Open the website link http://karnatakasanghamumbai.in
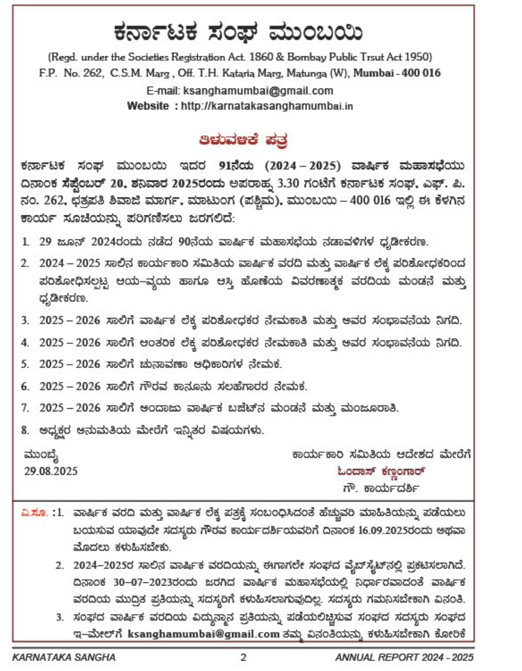(x=267, y=106)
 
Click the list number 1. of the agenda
(x=25, y=242)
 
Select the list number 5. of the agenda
(x=25, y=364)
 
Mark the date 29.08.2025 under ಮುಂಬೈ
(x=51, y=471)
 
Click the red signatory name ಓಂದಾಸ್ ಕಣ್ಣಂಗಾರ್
(x=381, y=471)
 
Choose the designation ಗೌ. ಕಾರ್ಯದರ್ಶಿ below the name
(x=381, y=488)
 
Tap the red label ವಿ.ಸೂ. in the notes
(x=35, y=513)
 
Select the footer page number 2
(x=244, y=657)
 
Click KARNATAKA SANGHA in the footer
(x=64, y=657)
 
